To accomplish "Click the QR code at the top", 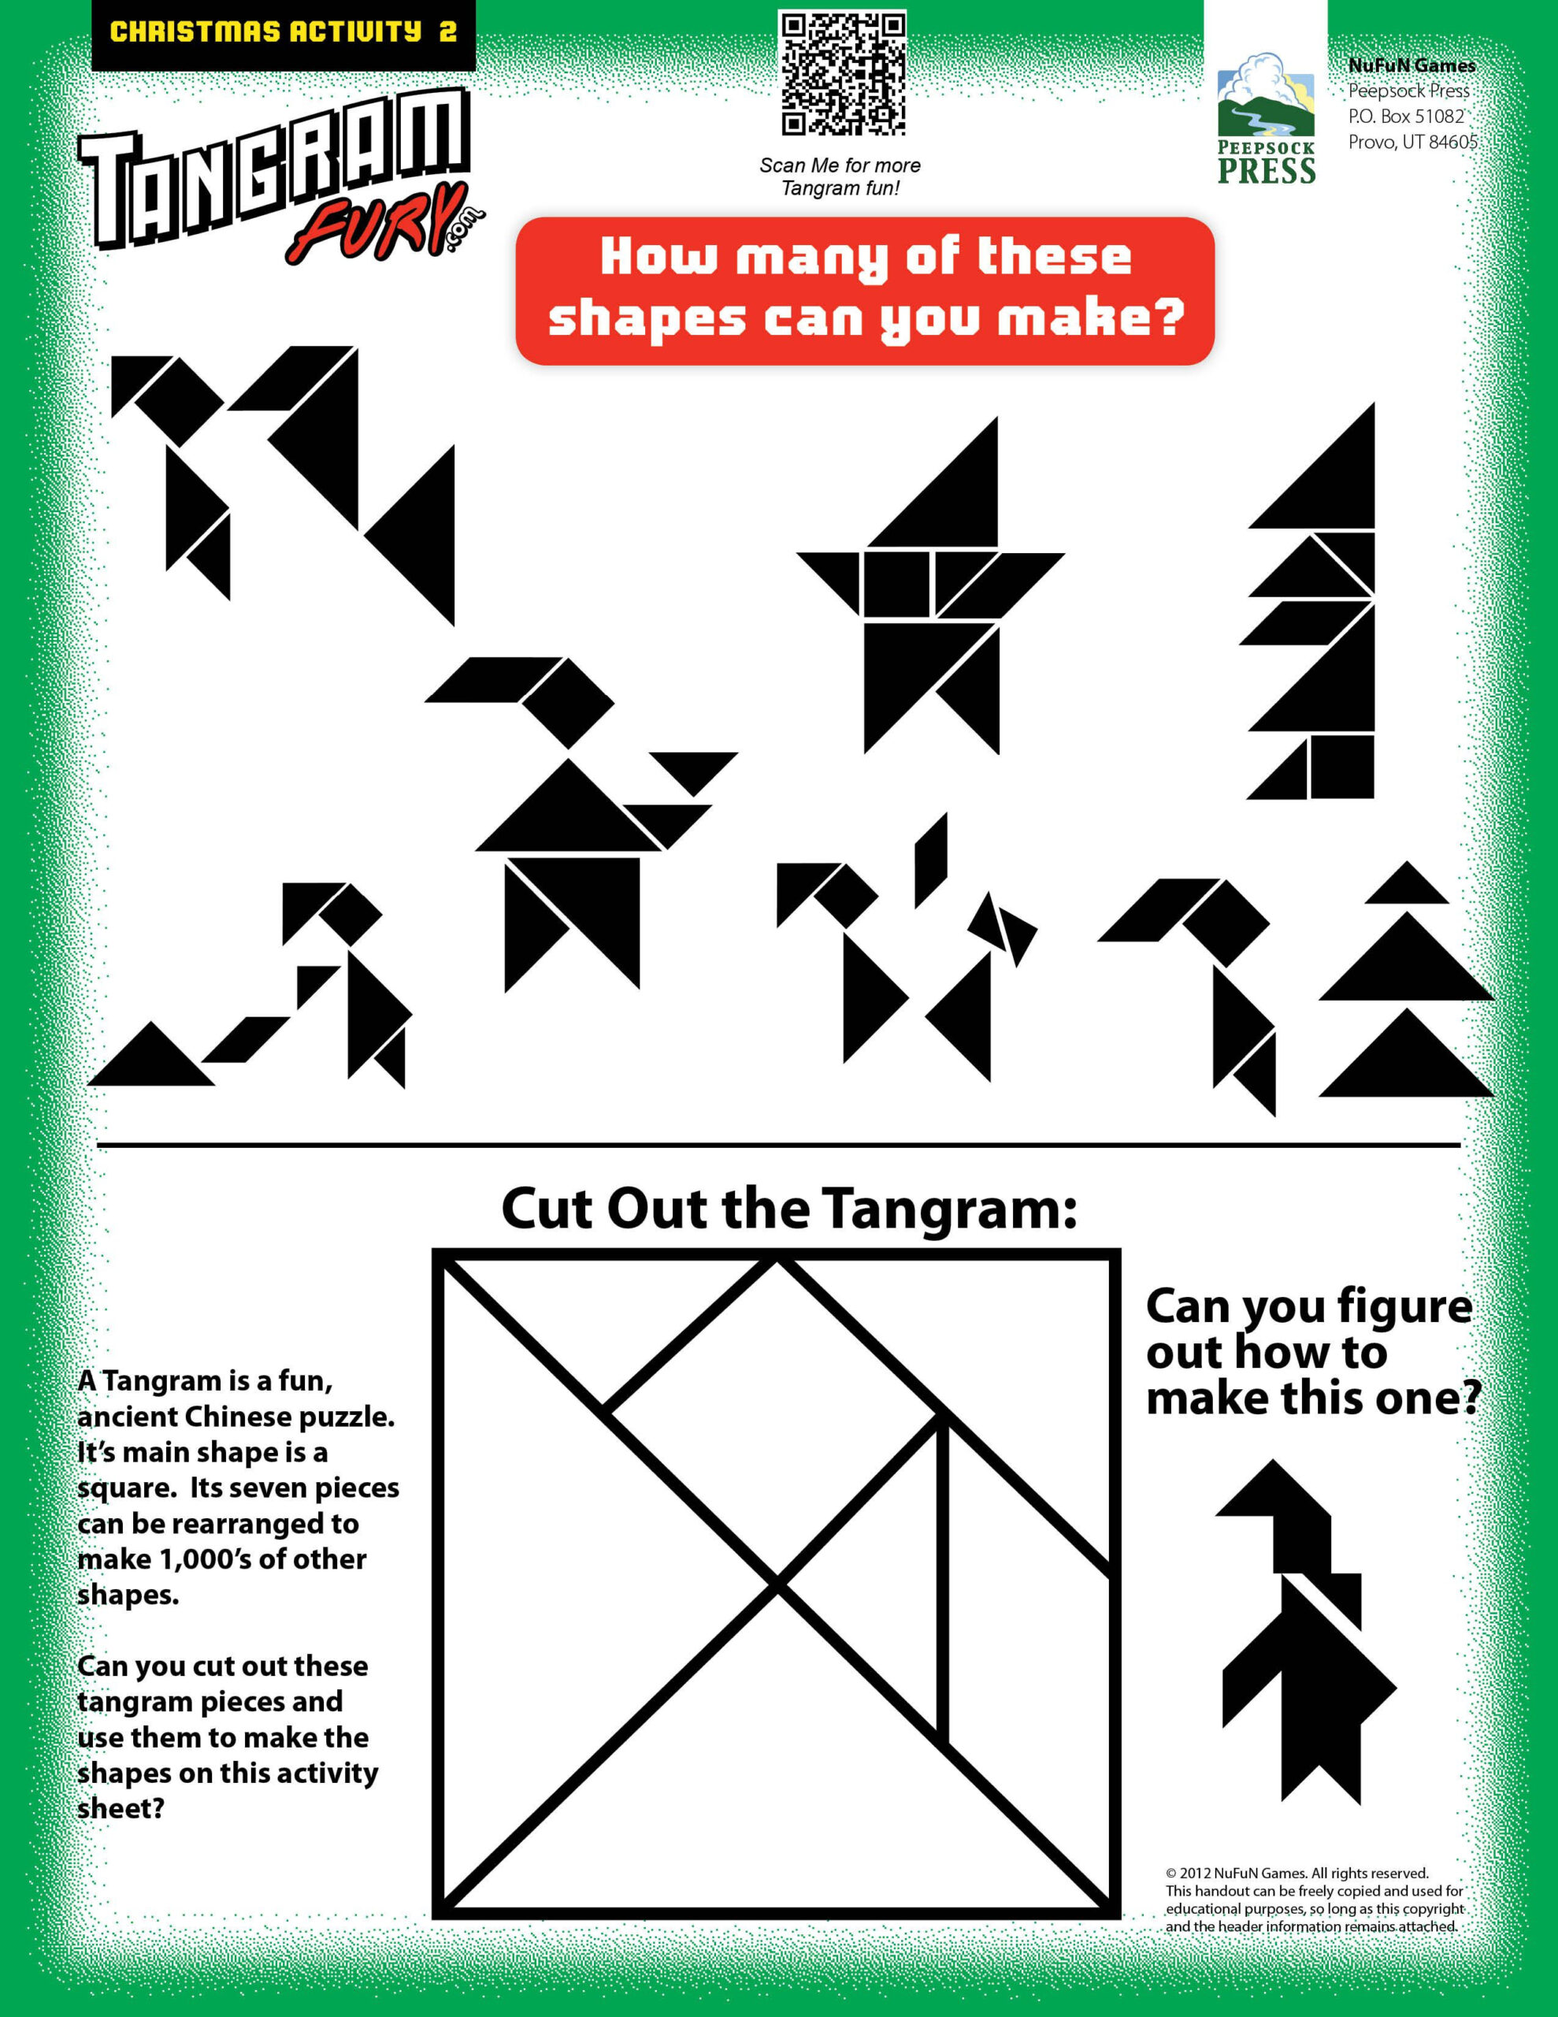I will [x=841, y=73].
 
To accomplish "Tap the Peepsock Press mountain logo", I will [x=1265, y=96].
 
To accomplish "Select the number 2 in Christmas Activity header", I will [x=448, y=32].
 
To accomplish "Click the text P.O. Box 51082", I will [x=1406, y=117].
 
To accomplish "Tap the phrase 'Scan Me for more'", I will [x=840, y=165].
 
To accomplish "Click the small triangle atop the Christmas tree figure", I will [x=1406, y=886].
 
